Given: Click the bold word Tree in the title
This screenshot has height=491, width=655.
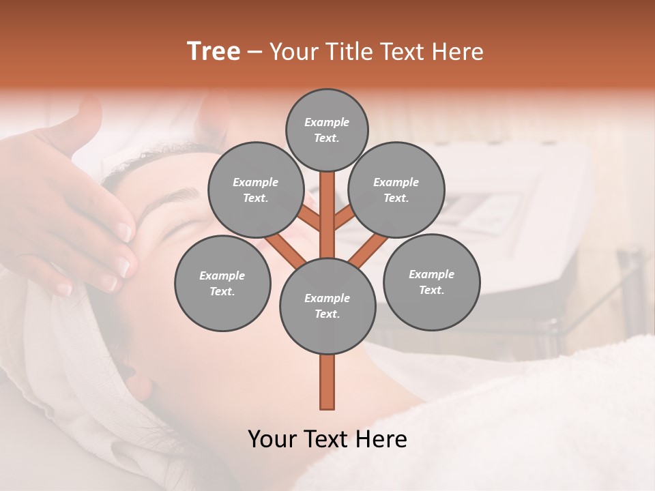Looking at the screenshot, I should click(x=214, y=51).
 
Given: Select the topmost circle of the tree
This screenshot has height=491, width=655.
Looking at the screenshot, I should click(x=327, y=130).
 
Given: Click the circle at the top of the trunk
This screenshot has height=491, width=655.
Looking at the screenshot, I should click(x=327, y=306).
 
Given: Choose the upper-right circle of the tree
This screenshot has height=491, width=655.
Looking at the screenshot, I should click(x=396, y=190).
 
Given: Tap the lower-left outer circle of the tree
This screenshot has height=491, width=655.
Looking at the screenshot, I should click(x=222, y=283).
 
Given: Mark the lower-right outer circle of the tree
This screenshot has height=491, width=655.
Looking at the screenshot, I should click(x=431, y=282).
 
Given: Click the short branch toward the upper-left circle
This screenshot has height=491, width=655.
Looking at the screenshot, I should click(x=310, y=219).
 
